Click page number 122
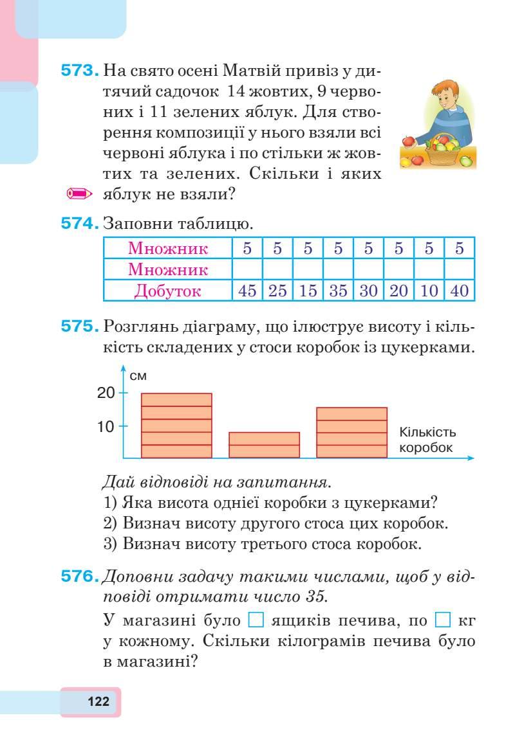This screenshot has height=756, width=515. point(98,701)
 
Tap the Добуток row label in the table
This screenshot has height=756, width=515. point(167,291)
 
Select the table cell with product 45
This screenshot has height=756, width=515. point(247,291)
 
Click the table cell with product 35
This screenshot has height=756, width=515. point(338,291)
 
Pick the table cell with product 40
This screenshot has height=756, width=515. point(460,291)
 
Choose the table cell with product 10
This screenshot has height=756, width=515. point(429,291)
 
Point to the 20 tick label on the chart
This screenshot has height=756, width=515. point(106,393)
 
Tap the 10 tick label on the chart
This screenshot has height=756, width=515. point(106,426)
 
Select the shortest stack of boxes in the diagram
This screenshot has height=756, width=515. point(265,445)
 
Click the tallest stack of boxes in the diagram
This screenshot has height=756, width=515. point(176,426)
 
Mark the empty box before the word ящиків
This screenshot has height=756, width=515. point(256,621)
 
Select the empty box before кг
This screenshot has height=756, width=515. point(442,621)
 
